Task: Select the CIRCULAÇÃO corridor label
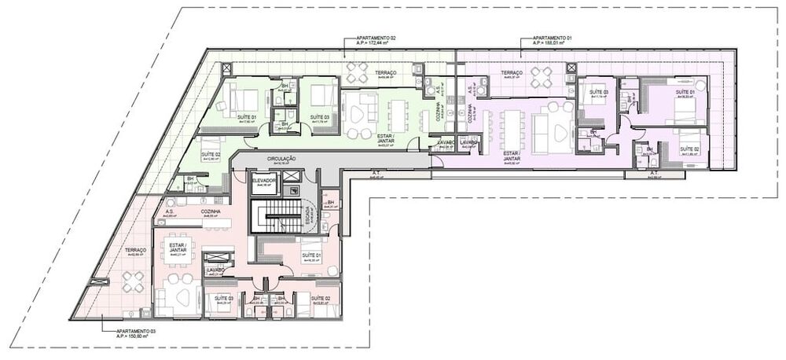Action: [281, 159]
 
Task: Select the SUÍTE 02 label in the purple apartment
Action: [689, 149]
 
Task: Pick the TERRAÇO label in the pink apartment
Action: [135, 251]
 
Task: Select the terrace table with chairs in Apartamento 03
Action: [133, 281]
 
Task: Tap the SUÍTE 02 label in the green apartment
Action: [209, 155]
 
